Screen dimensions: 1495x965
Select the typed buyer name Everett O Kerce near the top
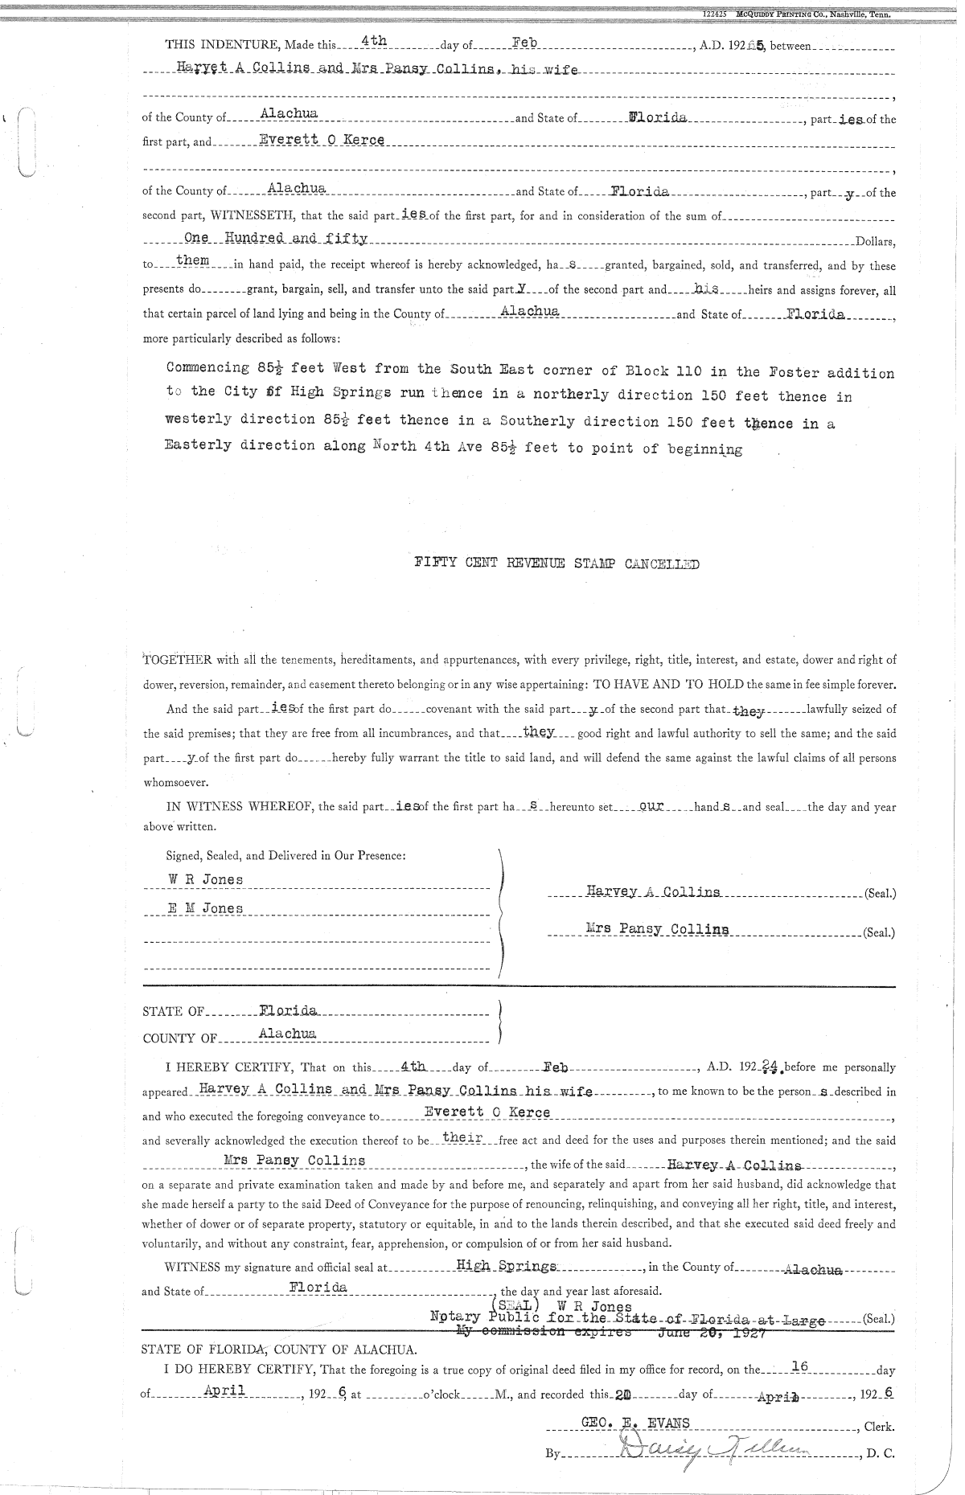tap(321, 140)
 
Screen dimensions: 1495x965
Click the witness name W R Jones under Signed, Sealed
tap(205, 879)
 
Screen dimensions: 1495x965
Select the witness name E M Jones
tap(205, 908)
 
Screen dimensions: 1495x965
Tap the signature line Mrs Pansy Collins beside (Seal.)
tap(657, 930)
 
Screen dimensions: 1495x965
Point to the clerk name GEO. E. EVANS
tap(634, 1423)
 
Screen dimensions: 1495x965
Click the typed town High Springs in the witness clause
tap(506, 1266)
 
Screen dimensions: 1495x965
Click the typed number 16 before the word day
tap(799, 1366)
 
